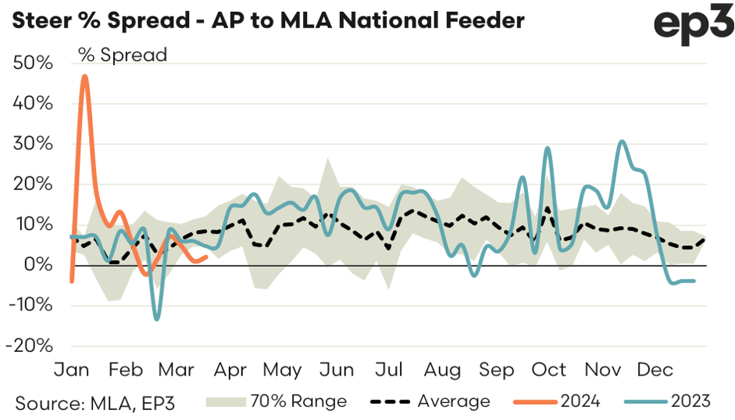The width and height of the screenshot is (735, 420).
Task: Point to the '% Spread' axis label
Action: point(123,56)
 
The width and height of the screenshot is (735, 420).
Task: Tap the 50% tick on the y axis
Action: point(33,63)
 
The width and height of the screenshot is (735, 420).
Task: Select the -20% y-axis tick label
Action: point(30,346)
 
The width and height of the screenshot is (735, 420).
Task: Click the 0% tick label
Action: point(38,265)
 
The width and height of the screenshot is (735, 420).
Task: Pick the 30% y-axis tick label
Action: point(33,144)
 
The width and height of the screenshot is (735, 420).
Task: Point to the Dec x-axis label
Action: point(656,370)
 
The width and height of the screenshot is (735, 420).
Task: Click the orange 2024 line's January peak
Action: point(84,76)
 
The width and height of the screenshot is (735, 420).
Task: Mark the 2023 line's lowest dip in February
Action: point(157,319)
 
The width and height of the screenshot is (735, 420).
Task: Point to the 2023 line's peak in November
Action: point(621,142)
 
